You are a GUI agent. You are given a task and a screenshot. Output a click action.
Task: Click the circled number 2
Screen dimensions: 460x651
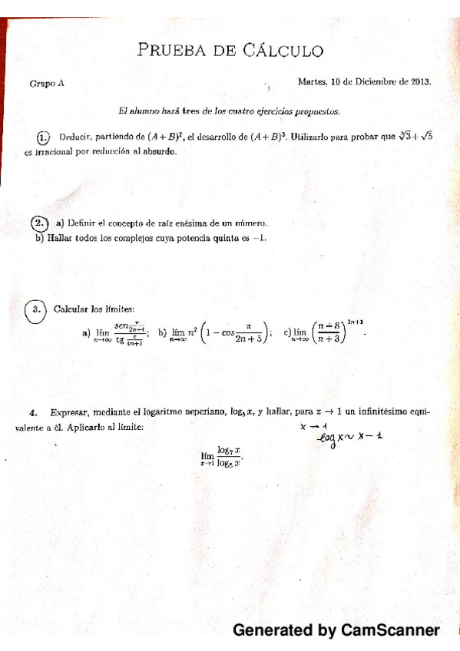coord(39,223)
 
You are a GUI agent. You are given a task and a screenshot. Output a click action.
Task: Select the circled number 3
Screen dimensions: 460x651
coord(35,310)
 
